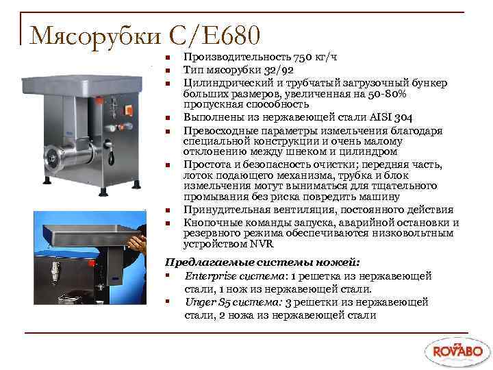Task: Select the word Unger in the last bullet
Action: pos(199,301)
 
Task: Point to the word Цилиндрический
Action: pos(223,83)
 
